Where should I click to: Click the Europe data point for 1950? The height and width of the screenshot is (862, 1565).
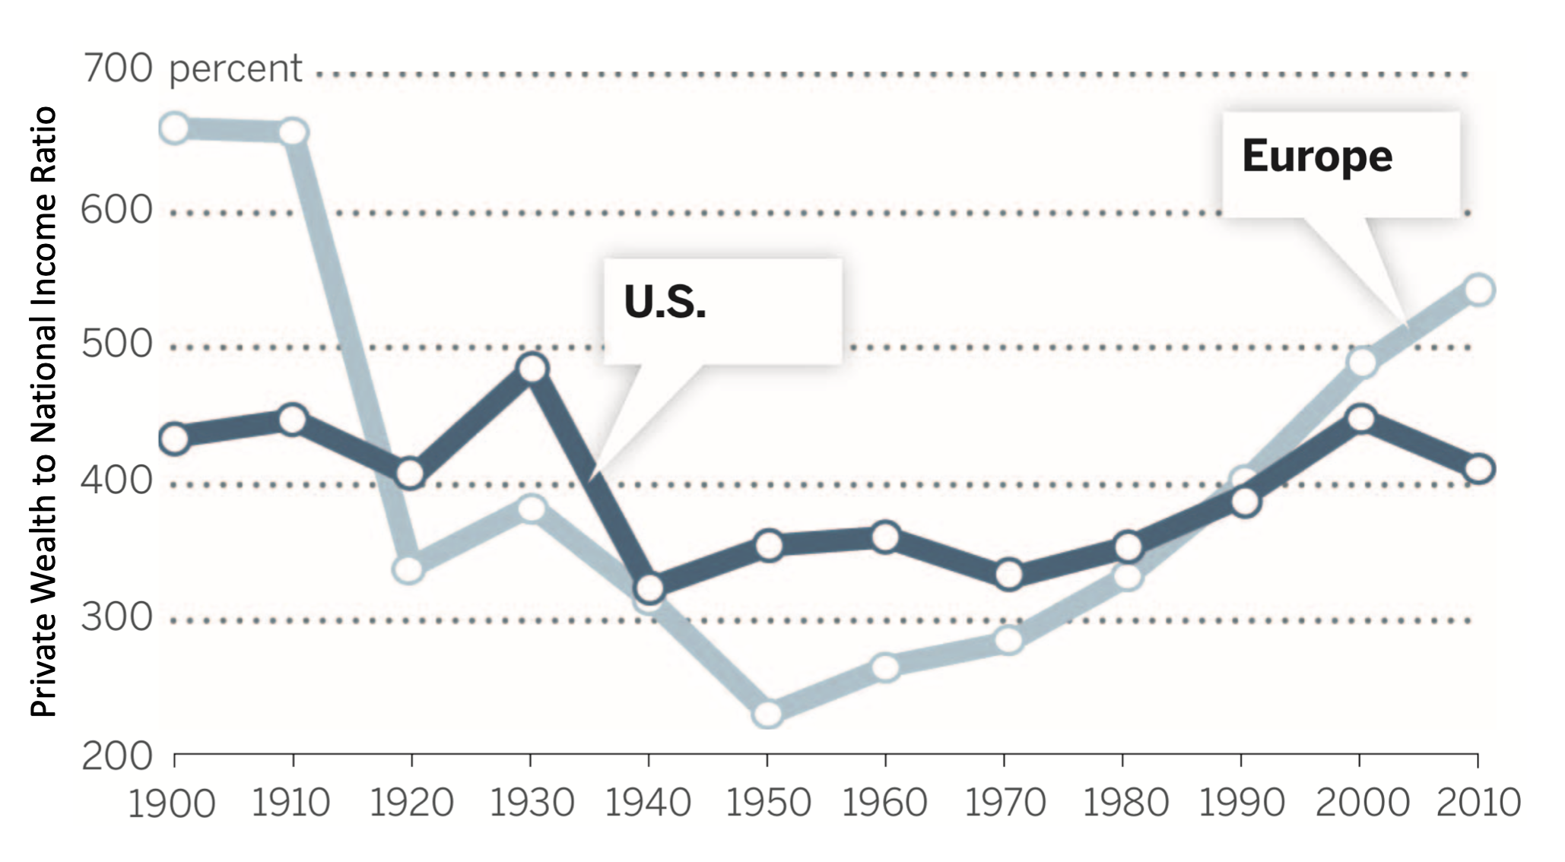[x=768, y=714]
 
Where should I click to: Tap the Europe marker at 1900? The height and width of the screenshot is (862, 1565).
[x=175, y=128]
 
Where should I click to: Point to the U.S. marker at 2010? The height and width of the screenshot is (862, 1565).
[x=1479, y=469]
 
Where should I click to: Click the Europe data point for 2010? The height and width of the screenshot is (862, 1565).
[x=1479, y=290]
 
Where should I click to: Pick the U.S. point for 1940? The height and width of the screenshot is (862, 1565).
[x=649, y=588]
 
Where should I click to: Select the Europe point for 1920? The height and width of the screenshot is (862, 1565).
[x=409, y=569]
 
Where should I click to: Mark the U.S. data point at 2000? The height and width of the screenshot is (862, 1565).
[x=1360, y=419]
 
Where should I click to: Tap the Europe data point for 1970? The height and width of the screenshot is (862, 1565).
[x=1008, y=640]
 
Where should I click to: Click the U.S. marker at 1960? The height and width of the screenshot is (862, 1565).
[x=886, y=537]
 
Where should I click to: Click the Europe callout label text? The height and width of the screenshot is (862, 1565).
[x=1317, y=157]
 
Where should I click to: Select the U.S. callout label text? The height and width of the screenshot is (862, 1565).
[x=665, y=302]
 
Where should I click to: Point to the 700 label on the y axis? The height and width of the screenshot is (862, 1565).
[x=117, y=68]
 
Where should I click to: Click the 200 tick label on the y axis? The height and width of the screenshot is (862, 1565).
[x=117, y=756]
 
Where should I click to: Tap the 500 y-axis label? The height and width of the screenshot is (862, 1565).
[x=117, y=344]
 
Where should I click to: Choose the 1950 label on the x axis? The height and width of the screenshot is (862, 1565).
[x=768, y=803]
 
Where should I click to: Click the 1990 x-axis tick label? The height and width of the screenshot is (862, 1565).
[x=1241, y=803]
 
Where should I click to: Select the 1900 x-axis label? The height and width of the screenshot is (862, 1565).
[x=172, y=803]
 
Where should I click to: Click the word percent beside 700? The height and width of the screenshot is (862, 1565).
[x=235, y=69]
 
